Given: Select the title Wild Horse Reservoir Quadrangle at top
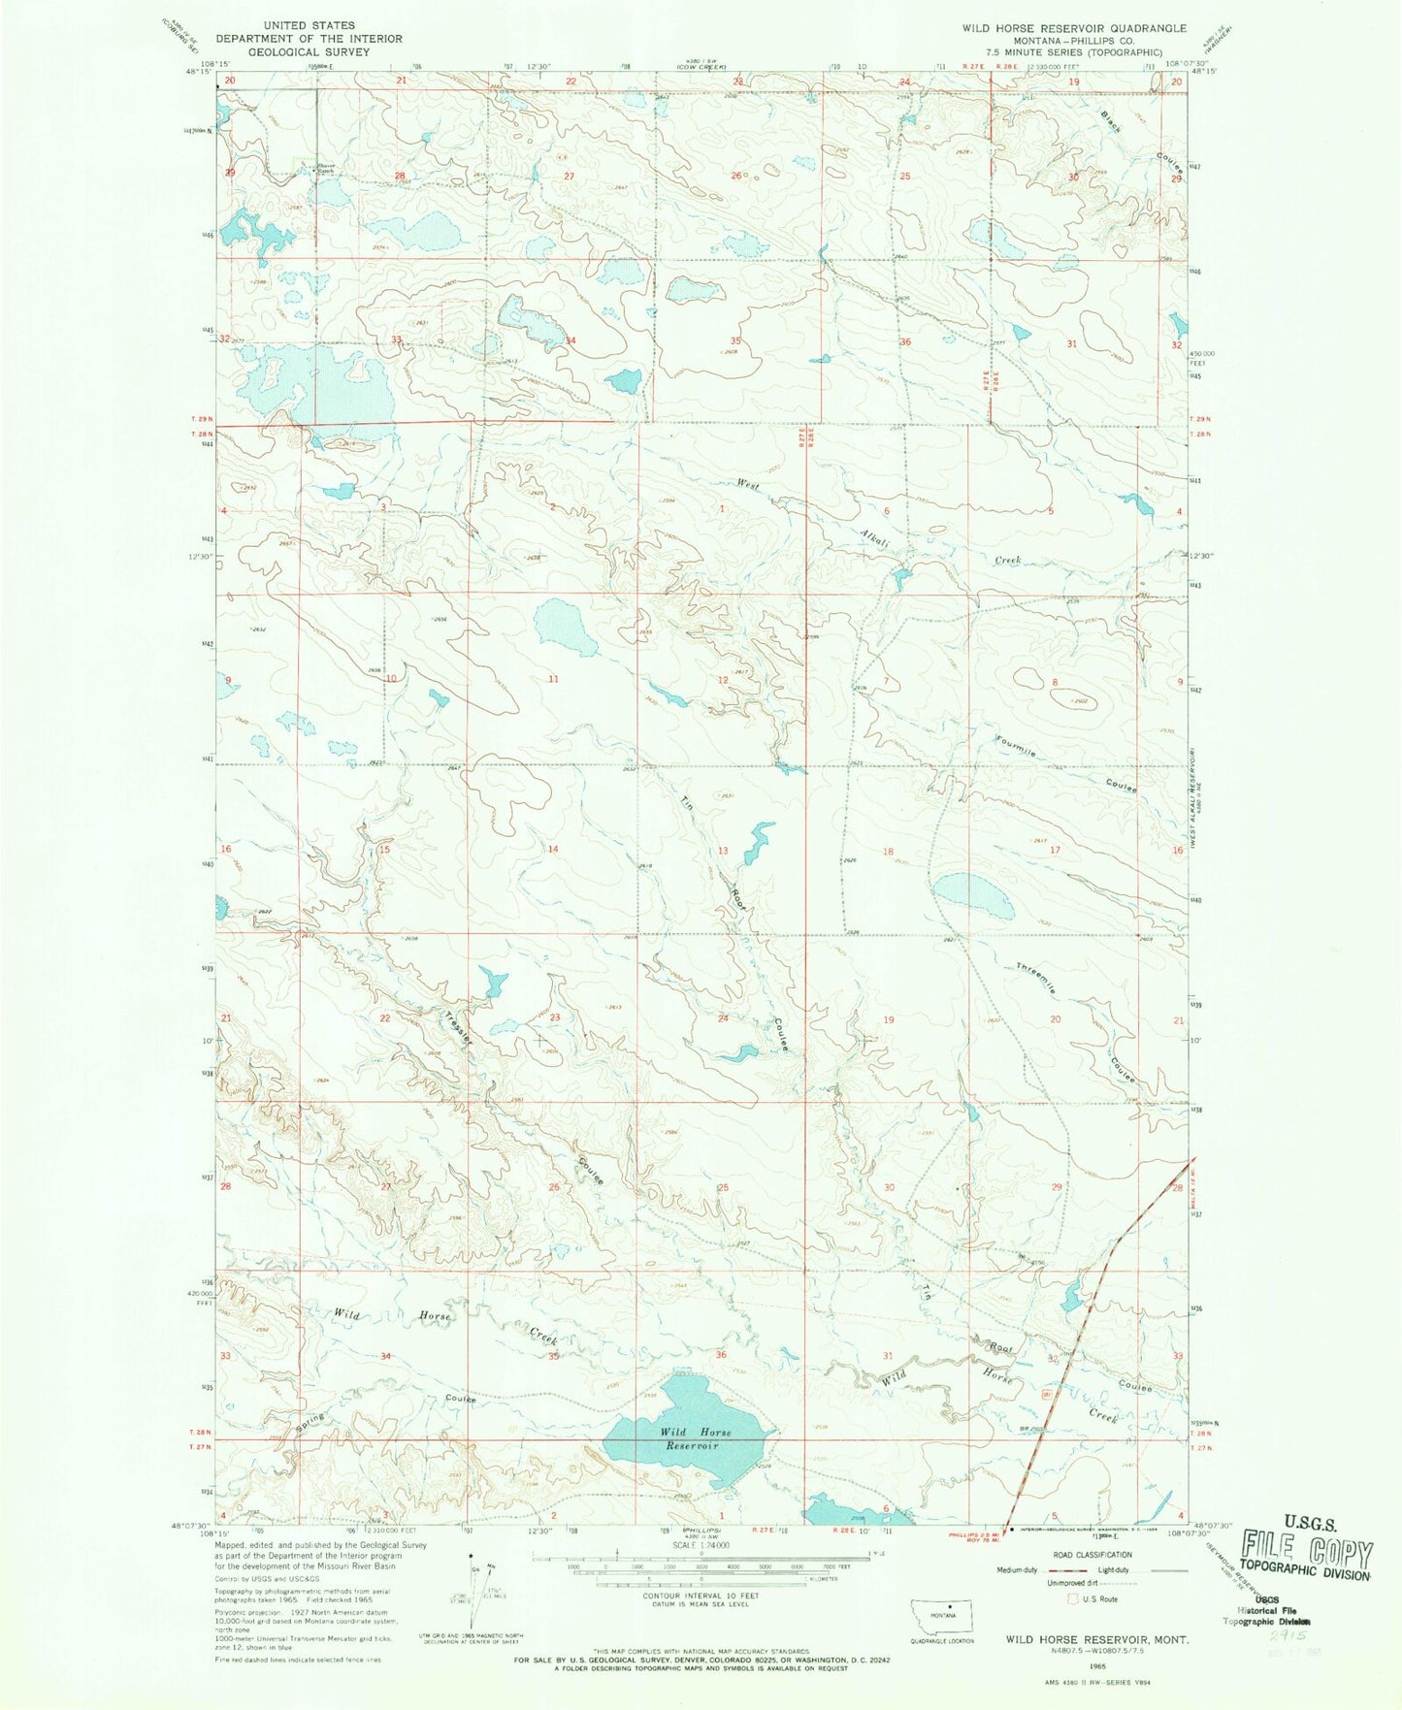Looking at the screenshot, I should [1074, 28].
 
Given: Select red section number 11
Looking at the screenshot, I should [553, 679].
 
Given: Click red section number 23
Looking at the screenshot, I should [555, 1017].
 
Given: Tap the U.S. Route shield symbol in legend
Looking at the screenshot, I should [1073, 1598].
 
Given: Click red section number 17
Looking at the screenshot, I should [1056, 850].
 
